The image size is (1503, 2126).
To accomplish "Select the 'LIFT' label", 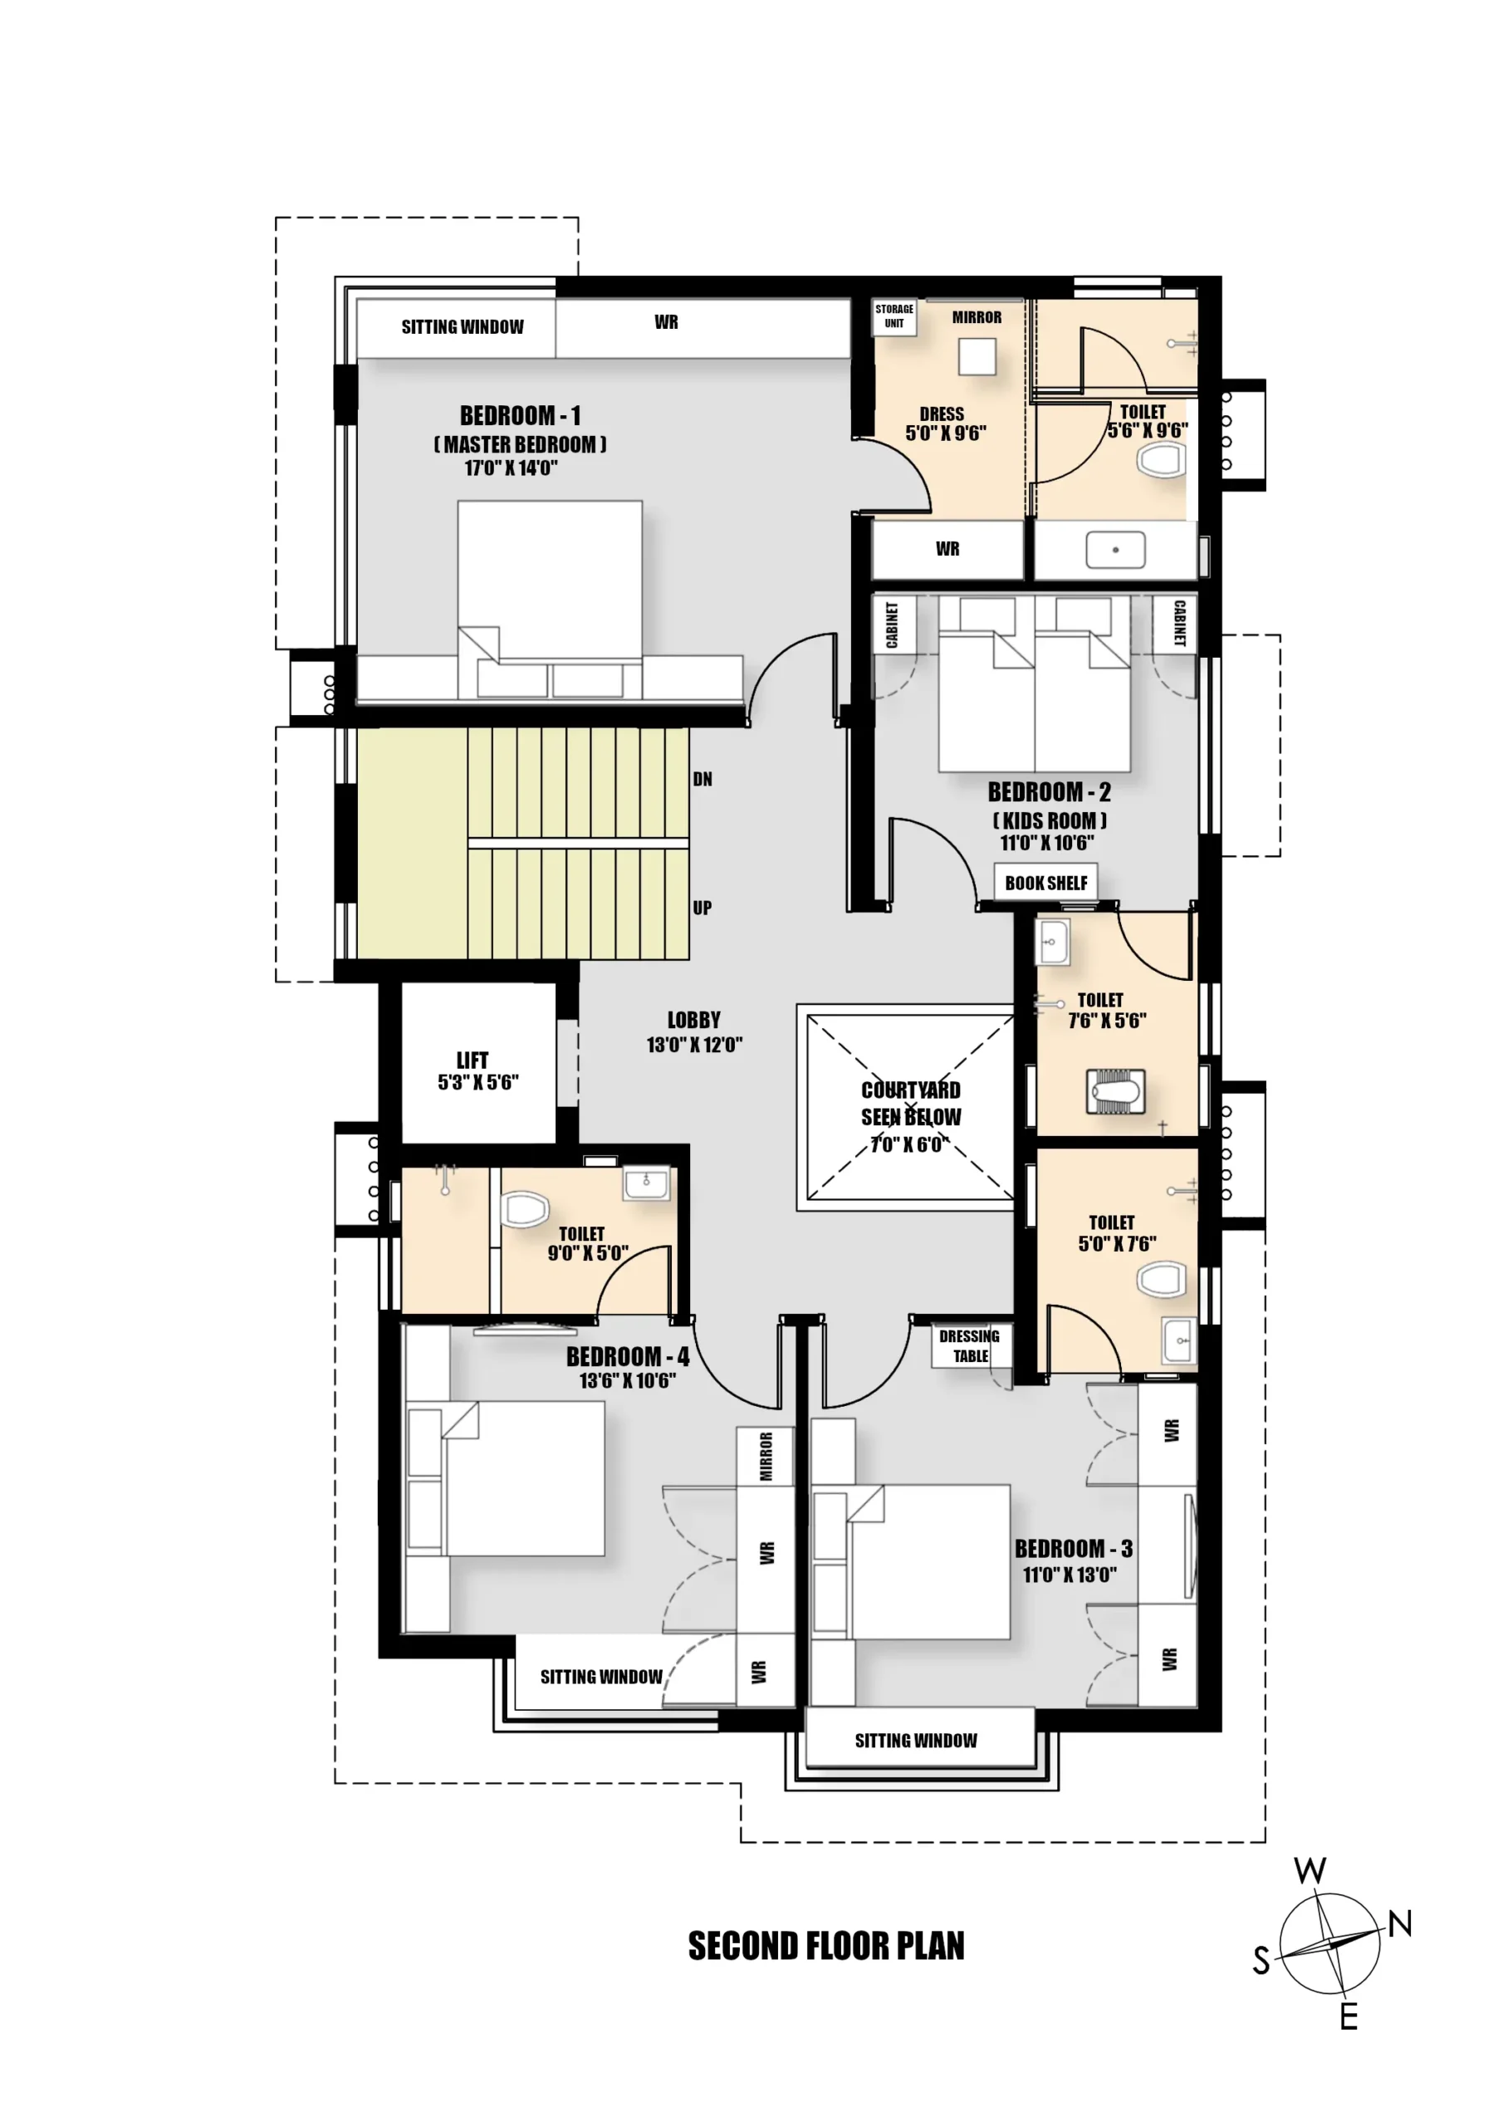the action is pos(472,1061).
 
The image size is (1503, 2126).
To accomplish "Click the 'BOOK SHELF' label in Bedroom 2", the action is pos(1046,883).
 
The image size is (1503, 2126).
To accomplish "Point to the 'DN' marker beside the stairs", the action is pos(703,779).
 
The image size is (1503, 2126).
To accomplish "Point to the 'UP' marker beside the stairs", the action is pos(703,908).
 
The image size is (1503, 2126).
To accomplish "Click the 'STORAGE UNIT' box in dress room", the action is pos(894,316).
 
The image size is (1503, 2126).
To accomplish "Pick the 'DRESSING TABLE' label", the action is pos(970,1345).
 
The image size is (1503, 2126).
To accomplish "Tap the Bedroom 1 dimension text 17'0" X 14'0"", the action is pos(512,468).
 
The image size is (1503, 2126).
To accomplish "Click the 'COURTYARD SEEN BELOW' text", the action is pos(911,1103).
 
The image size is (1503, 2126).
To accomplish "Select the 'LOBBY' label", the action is pos(693,1020).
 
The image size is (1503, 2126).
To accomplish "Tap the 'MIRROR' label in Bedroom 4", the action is pos(766,1457).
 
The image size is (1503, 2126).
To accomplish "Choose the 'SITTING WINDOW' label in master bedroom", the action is pos(462,327).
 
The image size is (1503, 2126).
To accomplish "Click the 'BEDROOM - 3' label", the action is pos(1074,1548).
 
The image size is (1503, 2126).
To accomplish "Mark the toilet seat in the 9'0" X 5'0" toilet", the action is pos(524,1209).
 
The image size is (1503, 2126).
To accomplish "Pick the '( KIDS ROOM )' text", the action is pos(1050,821).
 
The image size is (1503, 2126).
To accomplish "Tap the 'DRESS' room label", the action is pos(942,414).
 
